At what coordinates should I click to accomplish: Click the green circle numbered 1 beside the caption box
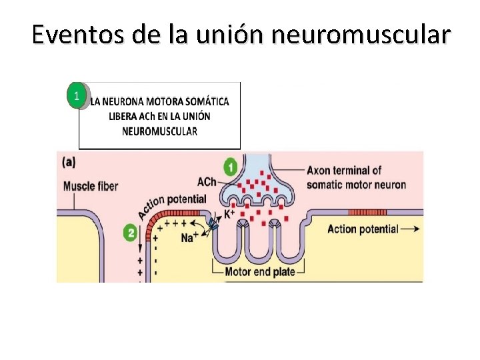(77, 96)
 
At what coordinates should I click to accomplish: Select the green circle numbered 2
(131, 233)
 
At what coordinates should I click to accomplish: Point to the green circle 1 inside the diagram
(231, 167)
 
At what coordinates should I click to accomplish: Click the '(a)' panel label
(69, 161)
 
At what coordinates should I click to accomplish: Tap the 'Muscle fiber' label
(90, 186)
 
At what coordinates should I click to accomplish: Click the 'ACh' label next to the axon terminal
(207, 181)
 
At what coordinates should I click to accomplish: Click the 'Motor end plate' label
(257, 272)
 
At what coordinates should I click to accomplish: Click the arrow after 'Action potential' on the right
(413, 229)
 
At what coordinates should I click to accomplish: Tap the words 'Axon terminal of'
(344, 171)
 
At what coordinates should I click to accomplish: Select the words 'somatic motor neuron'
(356, 184)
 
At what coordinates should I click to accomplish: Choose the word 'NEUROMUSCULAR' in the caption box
(159, 131)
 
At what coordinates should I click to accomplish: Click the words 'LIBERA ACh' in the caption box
(131, 116)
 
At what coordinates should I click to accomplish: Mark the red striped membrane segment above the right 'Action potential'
(367, 213)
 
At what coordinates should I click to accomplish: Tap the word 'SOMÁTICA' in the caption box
(207, 101)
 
